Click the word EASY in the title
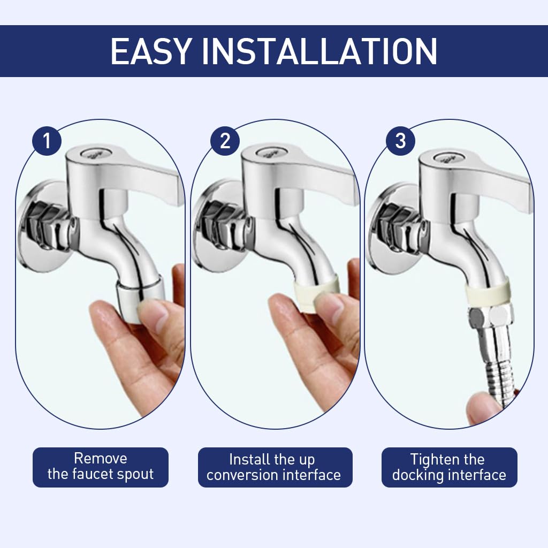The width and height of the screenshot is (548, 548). [x=150, y=51]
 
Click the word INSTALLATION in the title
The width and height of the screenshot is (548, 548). [x=319, y=51]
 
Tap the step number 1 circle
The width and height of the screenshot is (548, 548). [x=47, y=141]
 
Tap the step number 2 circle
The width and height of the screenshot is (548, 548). [x=225, y=141]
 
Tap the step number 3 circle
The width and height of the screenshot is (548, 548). [x=400, y=141]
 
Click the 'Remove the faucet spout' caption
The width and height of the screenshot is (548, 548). [x=101, y=467]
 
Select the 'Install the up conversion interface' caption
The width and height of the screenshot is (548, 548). [x=274, y=467]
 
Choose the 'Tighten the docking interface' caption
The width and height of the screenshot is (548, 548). [x=449, y=467]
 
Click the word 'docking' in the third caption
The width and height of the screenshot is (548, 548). [x=419, y=475]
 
